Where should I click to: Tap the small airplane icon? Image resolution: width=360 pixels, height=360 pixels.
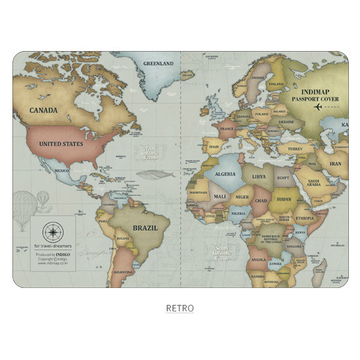point(318,106)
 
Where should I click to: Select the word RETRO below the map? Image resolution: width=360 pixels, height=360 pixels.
point(179,308)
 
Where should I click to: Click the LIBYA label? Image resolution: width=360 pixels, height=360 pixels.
point(259,176)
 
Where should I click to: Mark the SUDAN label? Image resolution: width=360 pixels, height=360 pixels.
point(284,198)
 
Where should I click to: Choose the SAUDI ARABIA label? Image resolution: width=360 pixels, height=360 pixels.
point(314,183)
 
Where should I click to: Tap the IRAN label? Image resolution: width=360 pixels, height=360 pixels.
point(335,164)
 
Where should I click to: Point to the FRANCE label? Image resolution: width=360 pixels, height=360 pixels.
point(226,130)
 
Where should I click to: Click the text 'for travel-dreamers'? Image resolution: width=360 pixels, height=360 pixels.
point(52,247)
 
